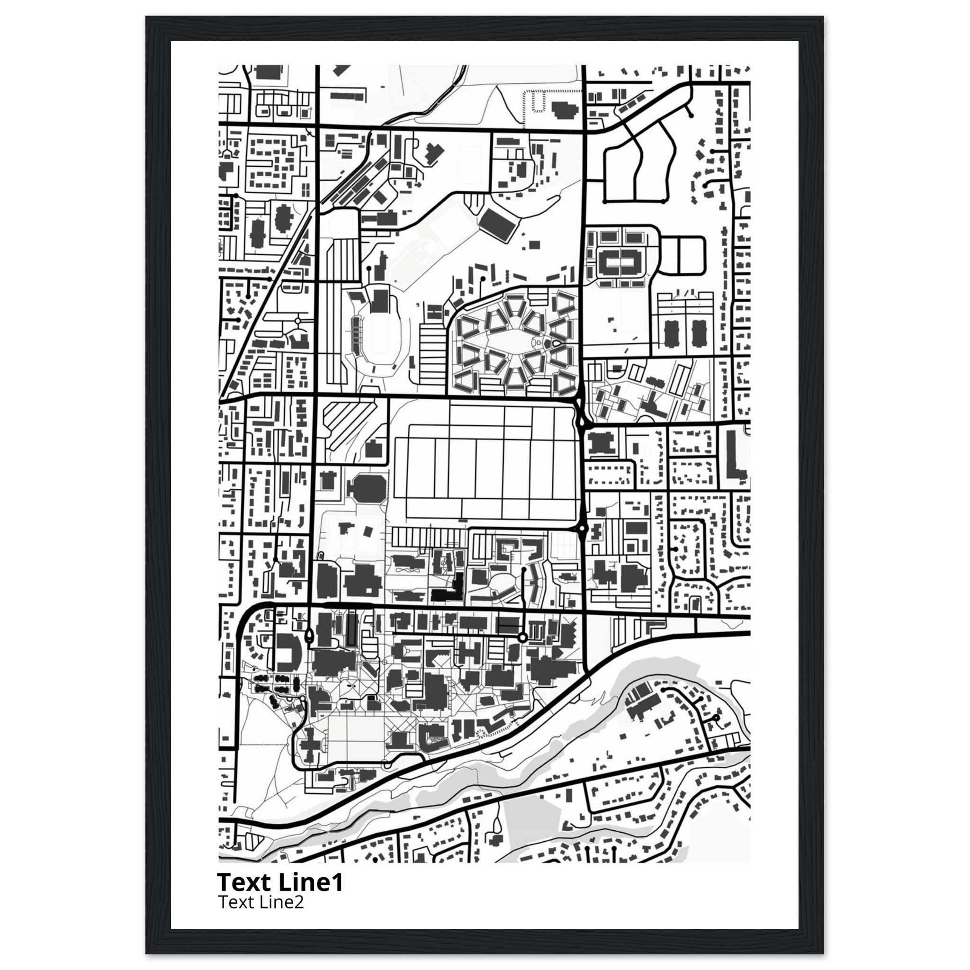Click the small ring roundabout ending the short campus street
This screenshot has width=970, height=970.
tap(522, 638)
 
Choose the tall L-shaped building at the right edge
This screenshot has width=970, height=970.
tap(734, 454)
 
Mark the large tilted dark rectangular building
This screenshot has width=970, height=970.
tap(498, 225)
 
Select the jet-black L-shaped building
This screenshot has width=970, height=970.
tap(450, 591)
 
